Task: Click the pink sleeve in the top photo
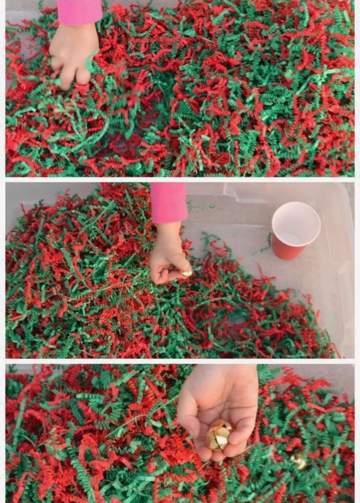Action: pos(79,11)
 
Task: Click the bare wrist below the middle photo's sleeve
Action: pos(168,231)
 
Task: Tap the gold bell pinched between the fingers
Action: pos(187,273)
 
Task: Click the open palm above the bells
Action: pos(221,398)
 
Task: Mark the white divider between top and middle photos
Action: pos(180,180)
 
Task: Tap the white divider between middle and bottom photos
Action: pos(180,361)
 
